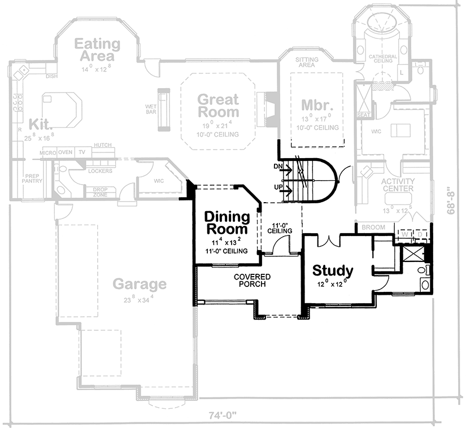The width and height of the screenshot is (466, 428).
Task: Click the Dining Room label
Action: (x=227, y=223)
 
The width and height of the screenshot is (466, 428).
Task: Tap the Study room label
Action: (x=333, y=270)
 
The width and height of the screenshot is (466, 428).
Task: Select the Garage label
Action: (x=139, y=284)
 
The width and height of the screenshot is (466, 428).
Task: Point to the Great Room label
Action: (x=217, y=106)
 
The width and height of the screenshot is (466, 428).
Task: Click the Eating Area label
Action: (x=97, y=50)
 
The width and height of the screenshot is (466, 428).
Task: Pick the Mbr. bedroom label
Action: (x=314, y=105)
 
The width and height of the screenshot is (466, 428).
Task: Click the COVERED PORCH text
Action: (x=252, y=280)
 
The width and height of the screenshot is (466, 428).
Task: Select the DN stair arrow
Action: (x=286, y=168)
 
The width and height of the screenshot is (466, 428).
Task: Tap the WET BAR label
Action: (x=151, y=108)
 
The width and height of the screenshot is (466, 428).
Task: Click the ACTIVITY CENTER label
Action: (x=398, y=185)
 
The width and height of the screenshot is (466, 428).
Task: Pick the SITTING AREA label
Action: (x=307, y=62)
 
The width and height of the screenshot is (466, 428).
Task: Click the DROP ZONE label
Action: (x=100, y=192)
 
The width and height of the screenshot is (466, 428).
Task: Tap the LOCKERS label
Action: (x=101, y=171)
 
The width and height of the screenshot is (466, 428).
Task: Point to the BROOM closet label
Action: (x=374, y=227)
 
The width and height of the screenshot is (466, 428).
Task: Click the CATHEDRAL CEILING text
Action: (x=383, y=60)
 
